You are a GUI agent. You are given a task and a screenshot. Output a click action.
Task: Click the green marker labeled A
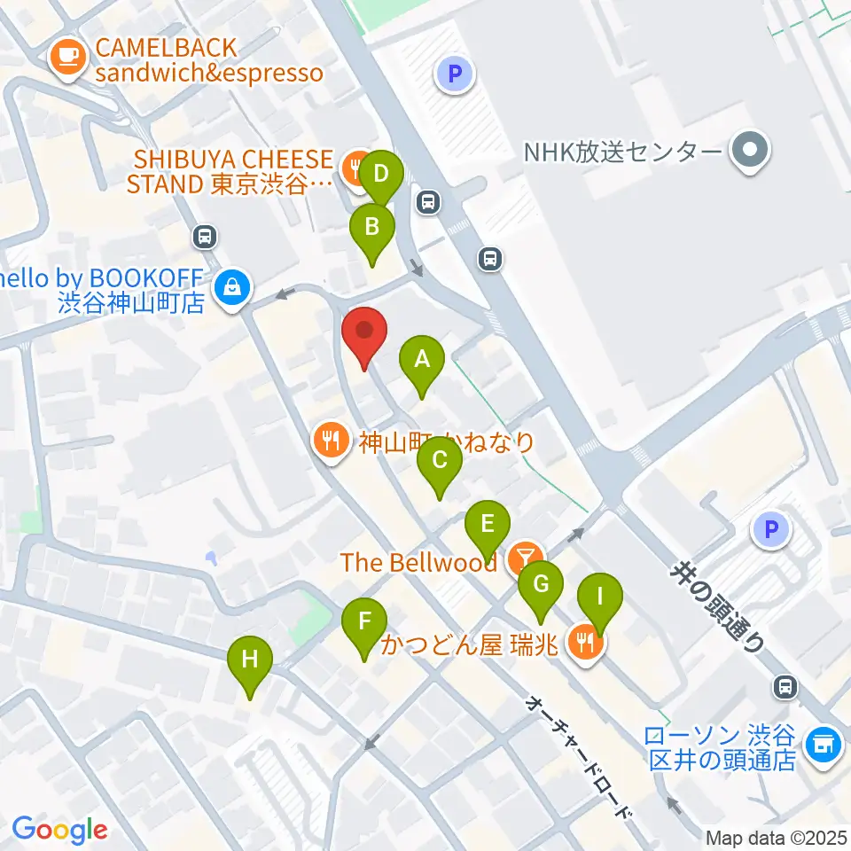pos(422,361)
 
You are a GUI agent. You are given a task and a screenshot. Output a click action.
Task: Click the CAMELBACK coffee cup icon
pos(68,59)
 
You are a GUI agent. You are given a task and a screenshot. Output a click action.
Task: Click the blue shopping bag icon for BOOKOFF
pos(231,288)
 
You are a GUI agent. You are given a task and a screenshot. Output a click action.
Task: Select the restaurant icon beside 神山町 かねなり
pos(332,441)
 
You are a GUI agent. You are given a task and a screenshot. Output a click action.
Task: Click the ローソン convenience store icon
pos(822,746)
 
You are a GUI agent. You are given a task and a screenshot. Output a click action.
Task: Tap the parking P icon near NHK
pos(456,74)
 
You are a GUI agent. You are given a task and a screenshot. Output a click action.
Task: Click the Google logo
pos(59,830)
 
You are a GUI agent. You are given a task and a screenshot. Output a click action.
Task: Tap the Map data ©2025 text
pos(777,837)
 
